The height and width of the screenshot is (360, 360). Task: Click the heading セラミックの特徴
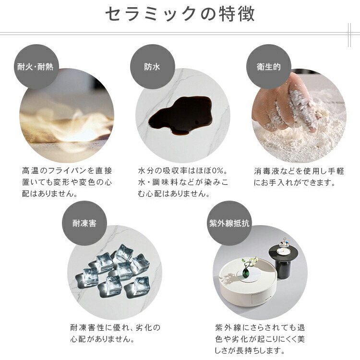[x=180, y=14]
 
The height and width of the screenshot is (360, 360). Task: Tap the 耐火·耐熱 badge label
[x=36, y=67]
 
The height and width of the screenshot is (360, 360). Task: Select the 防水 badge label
[x=152, y=67]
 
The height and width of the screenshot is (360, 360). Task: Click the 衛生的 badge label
[x=269, y=67]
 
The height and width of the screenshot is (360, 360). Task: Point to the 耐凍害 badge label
[x=84, y=223]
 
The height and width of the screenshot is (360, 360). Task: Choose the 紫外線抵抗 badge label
[x=229, y=223]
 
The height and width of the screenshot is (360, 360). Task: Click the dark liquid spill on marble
[x=180, y=115]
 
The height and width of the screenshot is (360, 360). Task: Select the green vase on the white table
[x=246, y=273]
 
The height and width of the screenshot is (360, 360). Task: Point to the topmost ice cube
[x=124, y=252]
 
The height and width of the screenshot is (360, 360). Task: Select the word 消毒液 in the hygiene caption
[x=266, y=171]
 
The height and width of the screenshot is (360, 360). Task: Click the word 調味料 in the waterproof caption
[x=165, y=182]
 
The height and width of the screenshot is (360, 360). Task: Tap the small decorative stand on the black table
[x=284, y=247]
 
